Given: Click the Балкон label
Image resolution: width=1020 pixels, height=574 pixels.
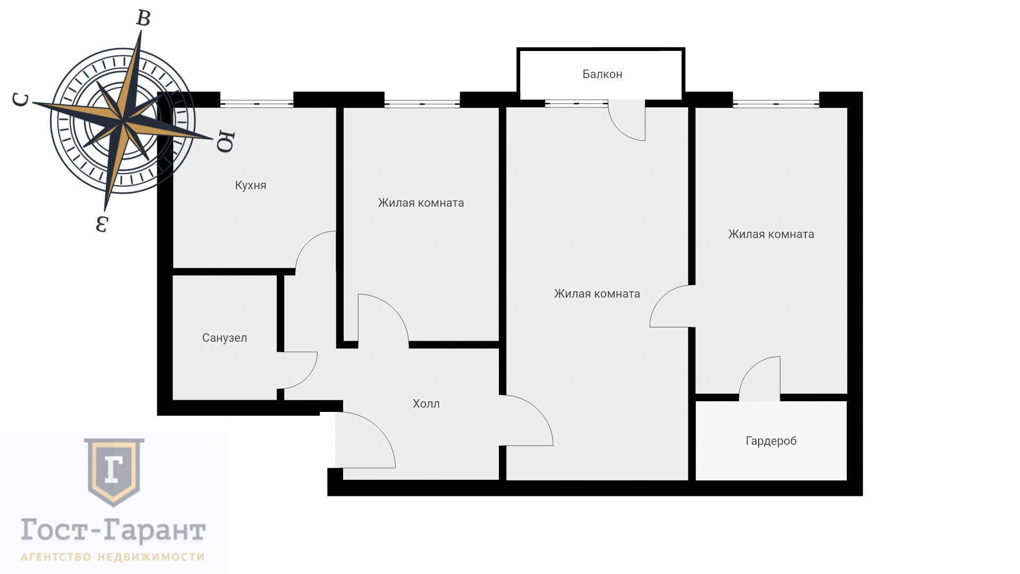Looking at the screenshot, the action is pos(602,74).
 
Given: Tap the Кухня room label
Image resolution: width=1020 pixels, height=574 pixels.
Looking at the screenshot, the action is pos(251,185).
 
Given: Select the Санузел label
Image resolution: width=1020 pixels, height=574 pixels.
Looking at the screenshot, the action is pos(224,338).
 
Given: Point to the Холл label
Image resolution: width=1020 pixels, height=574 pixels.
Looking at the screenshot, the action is pos(426,404).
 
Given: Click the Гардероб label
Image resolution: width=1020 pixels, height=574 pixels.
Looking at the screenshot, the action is pos(771,441).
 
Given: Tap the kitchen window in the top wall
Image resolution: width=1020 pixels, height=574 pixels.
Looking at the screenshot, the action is pos(257,104).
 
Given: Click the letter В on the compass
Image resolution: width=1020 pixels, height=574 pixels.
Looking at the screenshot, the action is pos(143,18).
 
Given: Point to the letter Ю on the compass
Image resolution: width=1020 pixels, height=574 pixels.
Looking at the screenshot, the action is pos(225,141).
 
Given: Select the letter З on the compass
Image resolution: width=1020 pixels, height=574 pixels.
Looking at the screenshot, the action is pos(102,224).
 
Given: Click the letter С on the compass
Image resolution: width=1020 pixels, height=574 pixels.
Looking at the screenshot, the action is pos(21,99).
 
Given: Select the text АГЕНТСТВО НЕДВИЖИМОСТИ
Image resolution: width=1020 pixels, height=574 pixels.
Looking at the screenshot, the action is pos(113,557).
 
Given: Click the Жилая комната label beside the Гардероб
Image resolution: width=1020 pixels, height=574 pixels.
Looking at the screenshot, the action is pos(771,234).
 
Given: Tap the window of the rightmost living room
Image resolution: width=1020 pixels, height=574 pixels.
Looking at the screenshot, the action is pos(776,104).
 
